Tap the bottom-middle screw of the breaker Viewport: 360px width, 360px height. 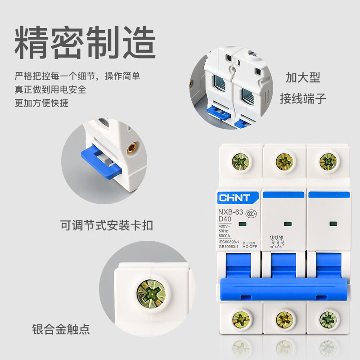(x=284, y=319)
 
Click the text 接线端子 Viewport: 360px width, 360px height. (x=302, y=98)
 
